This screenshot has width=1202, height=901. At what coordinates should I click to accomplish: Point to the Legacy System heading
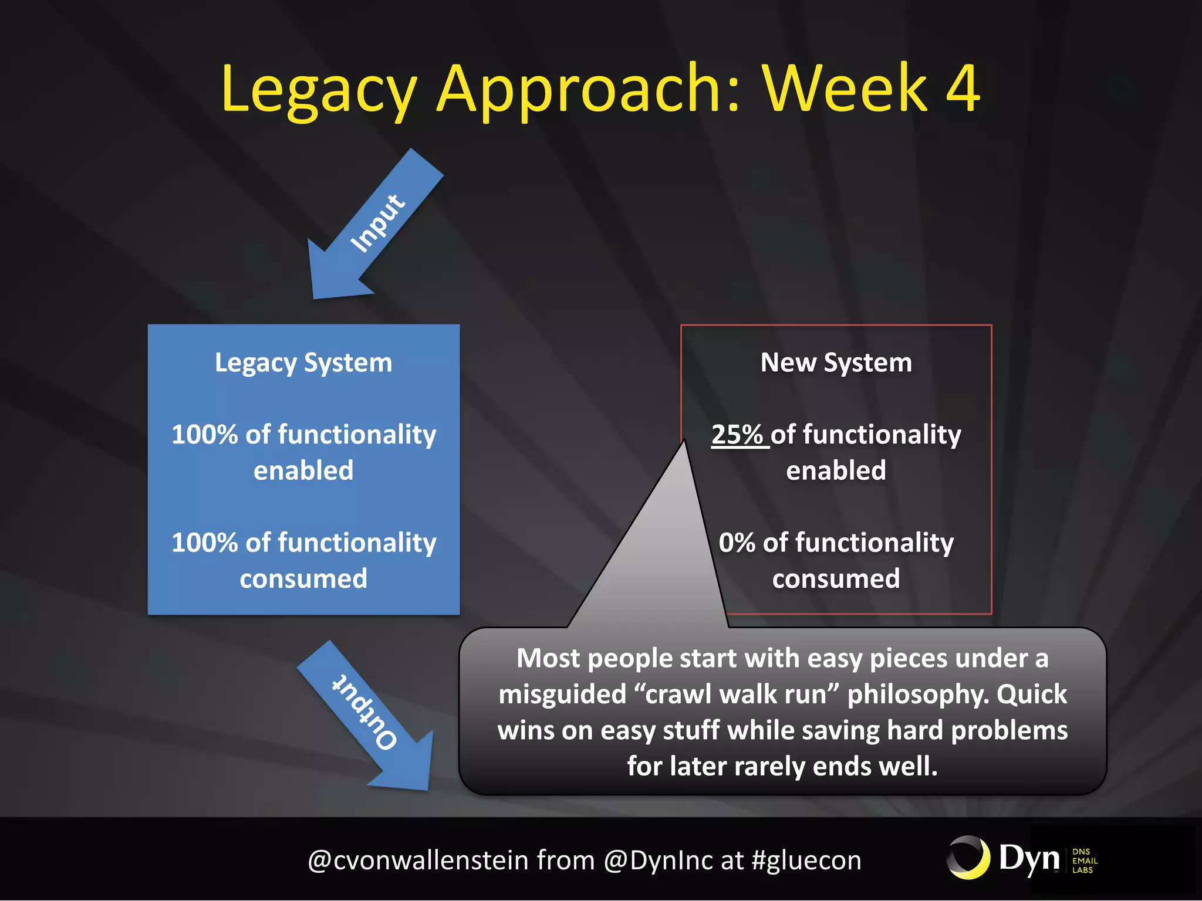303,363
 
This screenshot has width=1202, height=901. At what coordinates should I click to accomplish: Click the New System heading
836,363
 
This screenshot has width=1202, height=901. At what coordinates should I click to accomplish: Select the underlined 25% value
737,435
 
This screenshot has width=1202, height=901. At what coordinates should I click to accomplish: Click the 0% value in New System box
737,543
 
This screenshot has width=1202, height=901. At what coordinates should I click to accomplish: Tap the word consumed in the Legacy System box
303,579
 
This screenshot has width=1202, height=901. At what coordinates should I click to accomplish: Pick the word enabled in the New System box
836,470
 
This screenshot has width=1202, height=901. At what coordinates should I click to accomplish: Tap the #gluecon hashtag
806,861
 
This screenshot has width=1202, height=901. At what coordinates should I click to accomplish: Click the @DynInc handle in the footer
658,861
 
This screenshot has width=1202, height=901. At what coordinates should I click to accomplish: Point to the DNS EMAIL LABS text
1084,861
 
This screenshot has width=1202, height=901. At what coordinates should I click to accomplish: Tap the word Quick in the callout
1032,695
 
